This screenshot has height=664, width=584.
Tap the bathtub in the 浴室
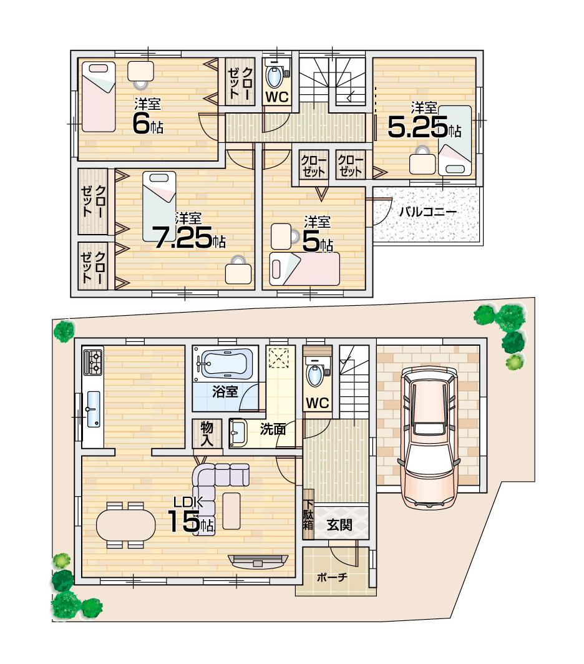tap(225, 363)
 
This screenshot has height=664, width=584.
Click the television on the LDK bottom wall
tap(258, 560)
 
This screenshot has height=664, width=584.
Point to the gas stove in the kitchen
tap(93, 361)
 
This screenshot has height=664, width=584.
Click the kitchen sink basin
tap(95, 408)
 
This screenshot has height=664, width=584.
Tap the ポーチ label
tap(332, 577)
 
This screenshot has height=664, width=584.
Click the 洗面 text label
tap(273, 429)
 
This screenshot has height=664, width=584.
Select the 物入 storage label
tap(207, 433)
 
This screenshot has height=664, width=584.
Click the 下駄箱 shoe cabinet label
tap(308, 515)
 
